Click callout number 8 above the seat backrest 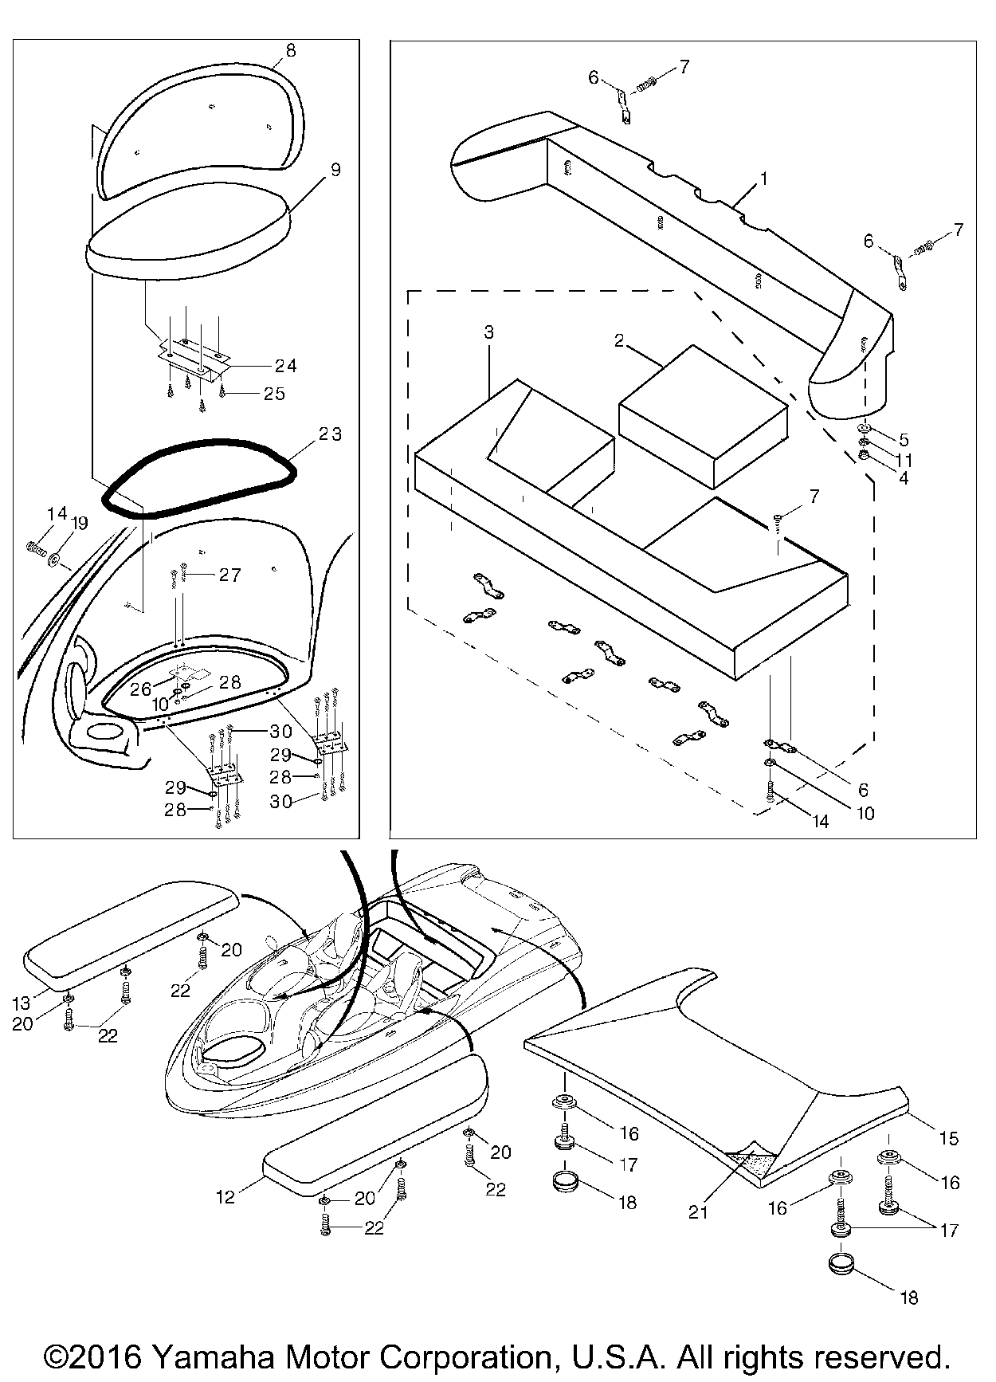pyautogui.click(x=290, y=50)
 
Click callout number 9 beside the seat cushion pyautogui.click(x=335, y=169)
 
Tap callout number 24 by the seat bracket pyautogui.click(x=285, y=366)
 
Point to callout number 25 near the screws pyautogui.click(x=274, y=394)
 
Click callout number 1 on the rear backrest pyautogui.click(x=763, y=179)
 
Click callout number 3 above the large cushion pyautogui.click(x=488, y=332)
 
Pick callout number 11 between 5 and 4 pyautogui.click(x=904, y=460)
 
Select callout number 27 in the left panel pyautogui.click(x=229, y=575)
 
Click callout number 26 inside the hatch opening pyautogui.click(x=140, y=689)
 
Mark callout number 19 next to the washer pyautogui.click(x=80, y=523)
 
